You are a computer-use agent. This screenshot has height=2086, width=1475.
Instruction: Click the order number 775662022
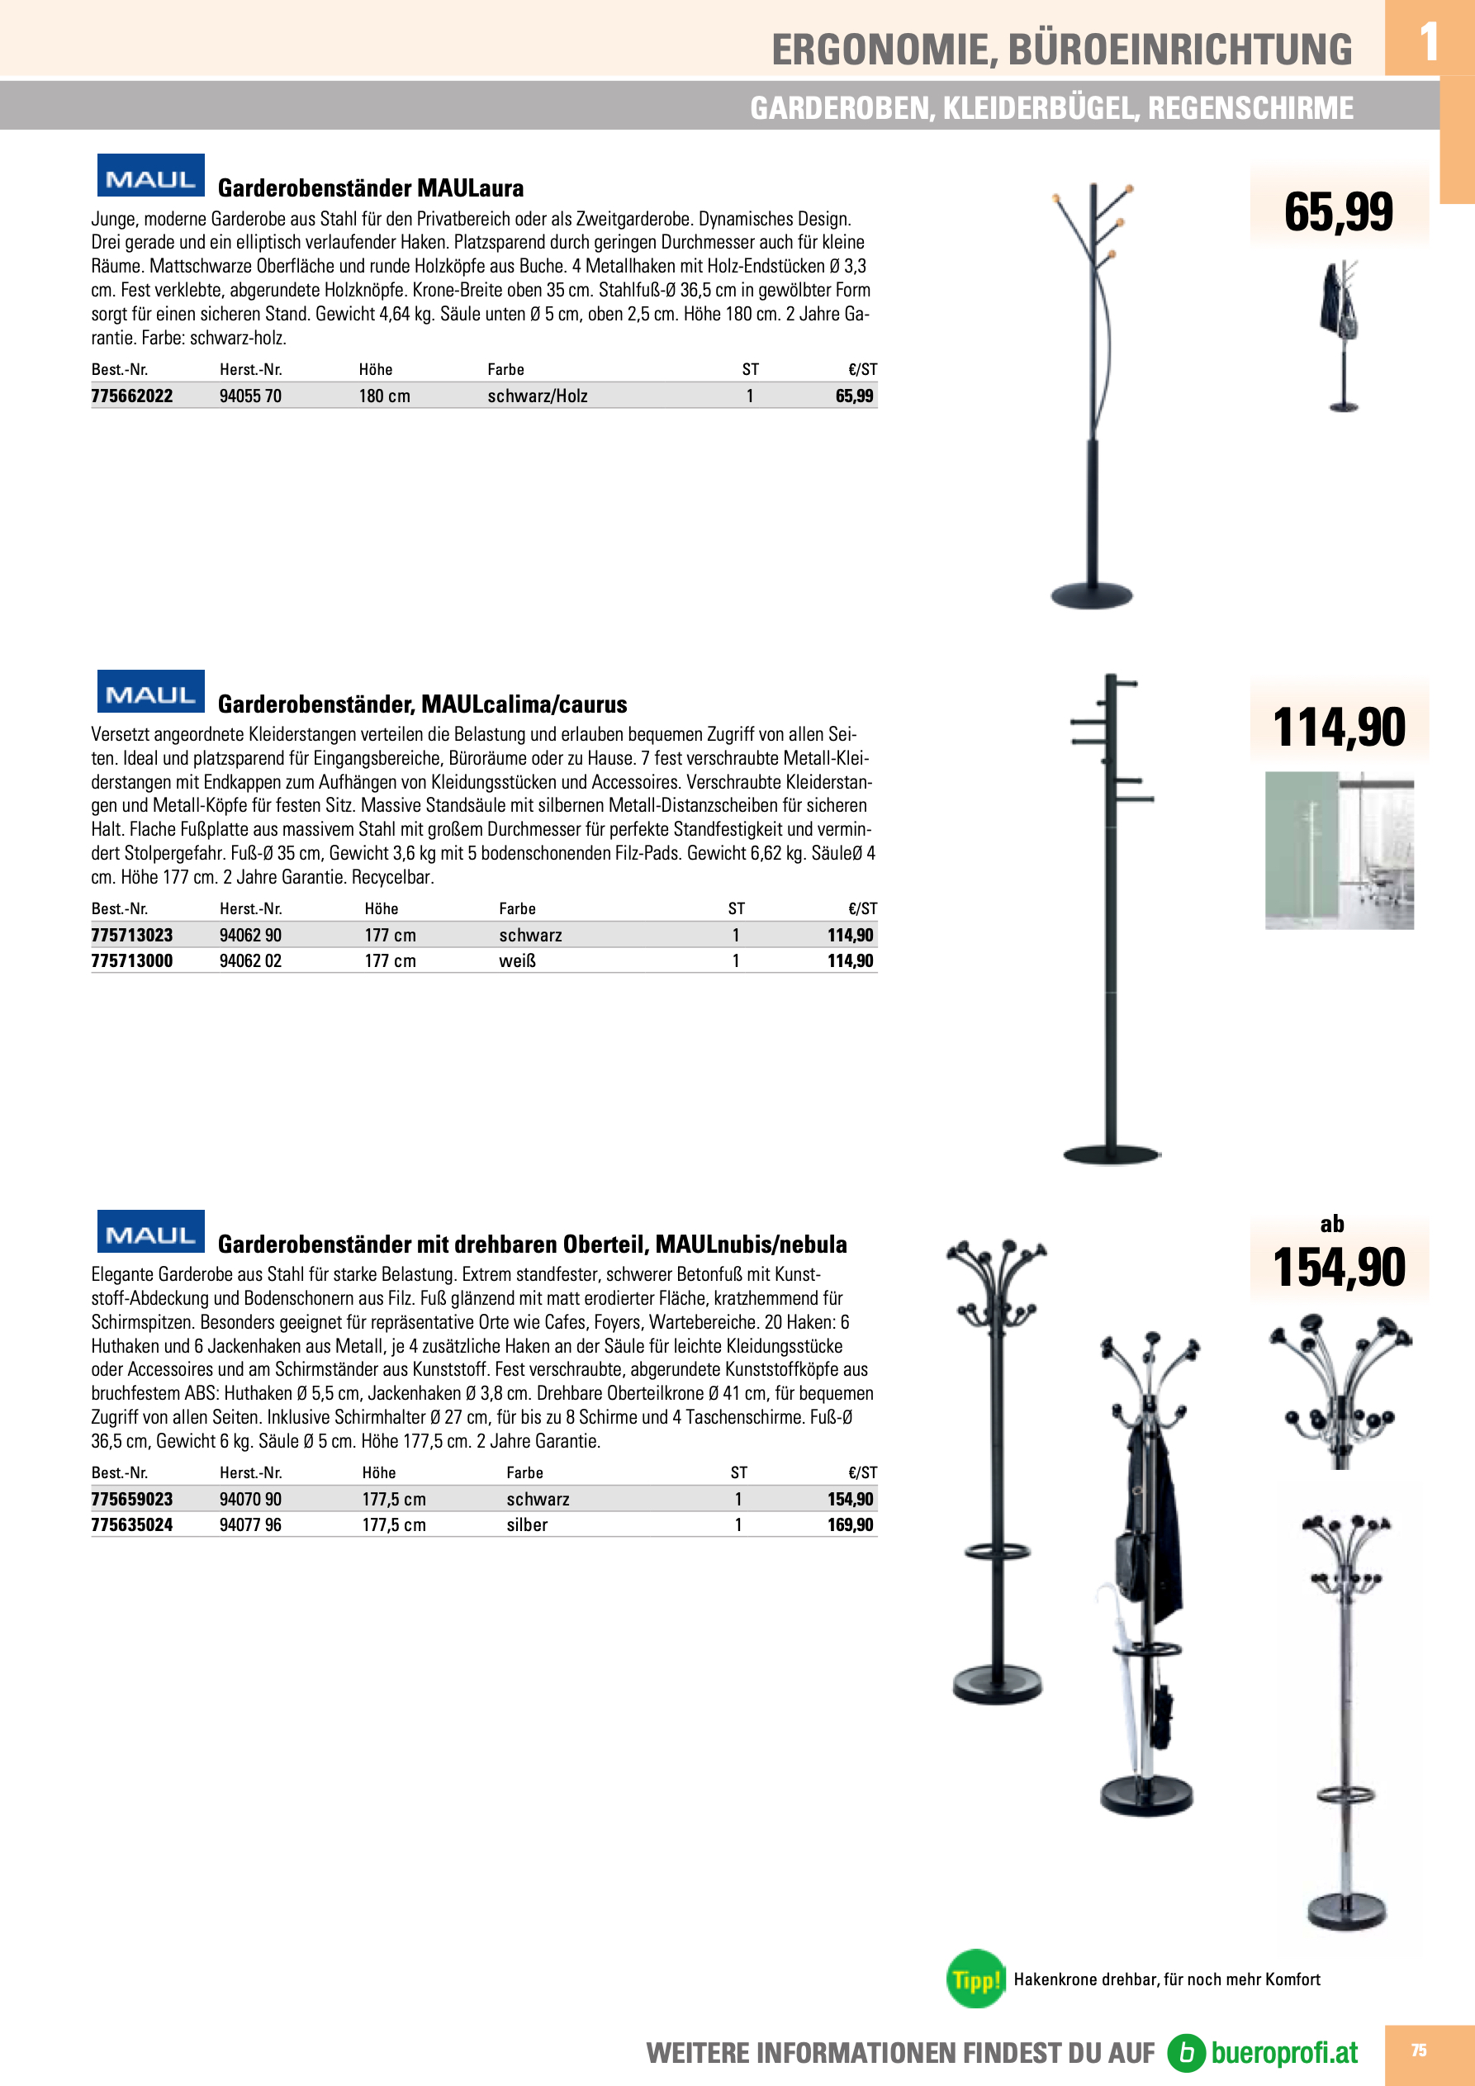click(x=132, y=396)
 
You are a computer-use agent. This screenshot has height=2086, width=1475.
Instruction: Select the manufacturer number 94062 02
click(x=250, y=961)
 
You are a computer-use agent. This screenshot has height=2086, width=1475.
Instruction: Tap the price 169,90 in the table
click(x=850, y=1524)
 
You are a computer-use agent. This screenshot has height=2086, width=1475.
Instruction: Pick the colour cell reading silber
click(x=527, y=1524)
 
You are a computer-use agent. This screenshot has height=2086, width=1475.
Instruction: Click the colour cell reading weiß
click(x=517, y=961)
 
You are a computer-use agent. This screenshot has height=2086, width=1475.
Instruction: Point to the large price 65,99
click(x=1338, y=212)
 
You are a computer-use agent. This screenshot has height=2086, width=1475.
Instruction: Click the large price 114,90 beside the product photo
click(x=1339, y=728)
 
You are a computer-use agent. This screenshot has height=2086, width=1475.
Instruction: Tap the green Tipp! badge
click(x=976, y=1979)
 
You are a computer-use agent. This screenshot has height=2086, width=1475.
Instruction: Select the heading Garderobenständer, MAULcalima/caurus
click(x=422, y=704)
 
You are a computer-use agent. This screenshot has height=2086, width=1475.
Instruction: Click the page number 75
click(x=1418, y=2050)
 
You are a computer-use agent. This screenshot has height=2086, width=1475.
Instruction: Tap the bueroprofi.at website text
click(x=1283, y=2052)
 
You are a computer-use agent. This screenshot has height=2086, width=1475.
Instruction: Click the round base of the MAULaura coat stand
click(x=1092, y=596)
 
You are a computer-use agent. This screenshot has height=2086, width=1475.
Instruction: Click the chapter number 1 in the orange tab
click(x=1428, y=42)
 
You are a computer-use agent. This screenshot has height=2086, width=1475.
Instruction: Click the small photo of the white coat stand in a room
click(x=1339, y=851)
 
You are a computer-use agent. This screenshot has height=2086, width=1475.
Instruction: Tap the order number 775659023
click(x=132, y=1499)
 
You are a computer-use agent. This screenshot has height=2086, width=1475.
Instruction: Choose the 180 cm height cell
click(x=384, y=396)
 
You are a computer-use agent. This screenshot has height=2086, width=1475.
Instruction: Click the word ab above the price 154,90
click(x=1332, y=1224)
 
